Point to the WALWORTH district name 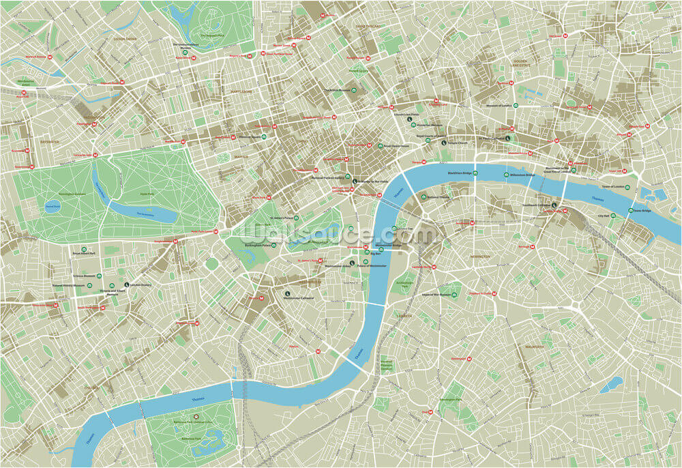[x=534, y=347]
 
